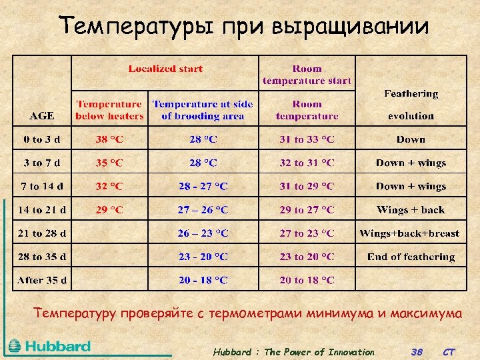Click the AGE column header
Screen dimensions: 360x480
pyautogui.click(x=42, y=115)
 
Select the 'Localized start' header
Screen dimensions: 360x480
pyautogui.click(x=165, y=69)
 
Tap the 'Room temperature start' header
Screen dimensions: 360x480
pyautogui.click(x=307, y=75)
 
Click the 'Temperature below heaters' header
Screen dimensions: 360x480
pyautogui.click(x=109, y=110)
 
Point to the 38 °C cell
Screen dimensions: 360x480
pyautogui.click(x=109, y=139)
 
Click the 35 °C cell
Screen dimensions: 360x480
pyautogui.click(x=109, y=163)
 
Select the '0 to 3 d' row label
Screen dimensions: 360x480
pyautogui.click(x=42, y=139)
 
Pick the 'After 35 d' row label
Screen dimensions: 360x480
pyautogui.click(x=42, y=280)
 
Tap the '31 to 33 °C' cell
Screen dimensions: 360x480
pyautogui.click(x=307, y=139)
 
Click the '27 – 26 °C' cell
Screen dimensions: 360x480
pyautogui.click(x=203, y=210)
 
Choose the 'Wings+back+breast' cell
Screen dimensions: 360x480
pyautogui.click(x=410, y=233)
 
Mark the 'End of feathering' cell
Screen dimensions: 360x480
pyautogui.click(x=410, y=257)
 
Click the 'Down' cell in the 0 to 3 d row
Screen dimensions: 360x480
pyautogui.click(x=410, y=139)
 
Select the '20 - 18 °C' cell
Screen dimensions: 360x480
pyautogui.click(x=203, y=280)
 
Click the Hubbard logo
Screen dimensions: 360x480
pyautogui.click(x=49, y=346)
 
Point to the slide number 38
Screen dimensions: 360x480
pyautogui.click(x=417, y=352)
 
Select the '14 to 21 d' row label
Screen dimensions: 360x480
pyautogui.click(x=42, y=210)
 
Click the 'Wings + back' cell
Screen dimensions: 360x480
pyautogui.click(x=410, y=210)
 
